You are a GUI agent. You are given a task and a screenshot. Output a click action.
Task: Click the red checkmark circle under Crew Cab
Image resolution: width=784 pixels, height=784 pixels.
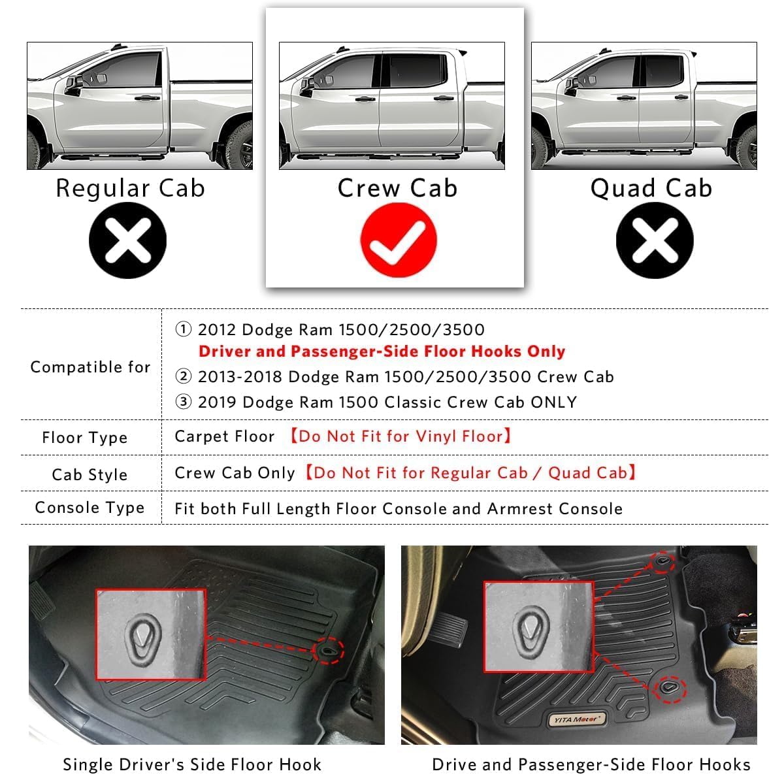point(399,240)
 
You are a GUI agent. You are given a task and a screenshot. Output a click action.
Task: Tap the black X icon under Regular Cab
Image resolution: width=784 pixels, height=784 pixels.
point(128,240)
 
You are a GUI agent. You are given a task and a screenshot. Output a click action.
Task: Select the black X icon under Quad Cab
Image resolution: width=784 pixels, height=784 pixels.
point(655,240)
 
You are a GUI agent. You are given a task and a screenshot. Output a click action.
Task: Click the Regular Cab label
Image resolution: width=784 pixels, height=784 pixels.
point(130,188)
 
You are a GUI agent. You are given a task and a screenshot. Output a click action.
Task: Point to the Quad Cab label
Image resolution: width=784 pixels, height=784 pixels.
point(651,188)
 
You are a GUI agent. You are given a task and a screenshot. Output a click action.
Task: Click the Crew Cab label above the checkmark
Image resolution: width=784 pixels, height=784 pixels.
point(397,188)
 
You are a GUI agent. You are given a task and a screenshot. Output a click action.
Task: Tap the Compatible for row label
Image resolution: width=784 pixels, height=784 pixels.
point(90,367)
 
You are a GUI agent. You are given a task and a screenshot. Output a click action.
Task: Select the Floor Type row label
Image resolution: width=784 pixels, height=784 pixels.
point(84,438)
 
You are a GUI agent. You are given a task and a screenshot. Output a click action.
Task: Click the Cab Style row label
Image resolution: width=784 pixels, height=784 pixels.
point(90,474)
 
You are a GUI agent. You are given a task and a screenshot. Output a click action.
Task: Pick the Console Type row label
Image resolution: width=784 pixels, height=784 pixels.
point(90,508)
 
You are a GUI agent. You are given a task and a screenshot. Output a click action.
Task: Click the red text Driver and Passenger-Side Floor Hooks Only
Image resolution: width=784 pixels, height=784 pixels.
point(382,351)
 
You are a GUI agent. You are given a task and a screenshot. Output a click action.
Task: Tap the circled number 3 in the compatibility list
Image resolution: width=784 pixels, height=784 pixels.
point(184,402)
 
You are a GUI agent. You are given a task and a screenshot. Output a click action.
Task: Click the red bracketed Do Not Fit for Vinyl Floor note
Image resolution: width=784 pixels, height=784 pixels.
point(400,436)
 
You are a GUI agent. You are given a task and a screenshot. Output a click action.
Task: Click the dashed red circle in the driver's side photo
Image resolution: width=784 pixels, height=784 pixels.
point(328,650)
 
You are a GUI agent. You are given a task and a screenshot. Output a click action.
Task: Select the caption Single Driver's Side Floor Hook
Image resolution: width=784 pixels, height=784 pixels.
point(192,764)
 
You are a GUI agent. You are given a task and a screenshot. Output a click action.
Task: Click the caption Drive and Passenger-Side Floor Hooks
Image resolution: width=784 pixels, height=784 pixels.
point(591,764)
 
